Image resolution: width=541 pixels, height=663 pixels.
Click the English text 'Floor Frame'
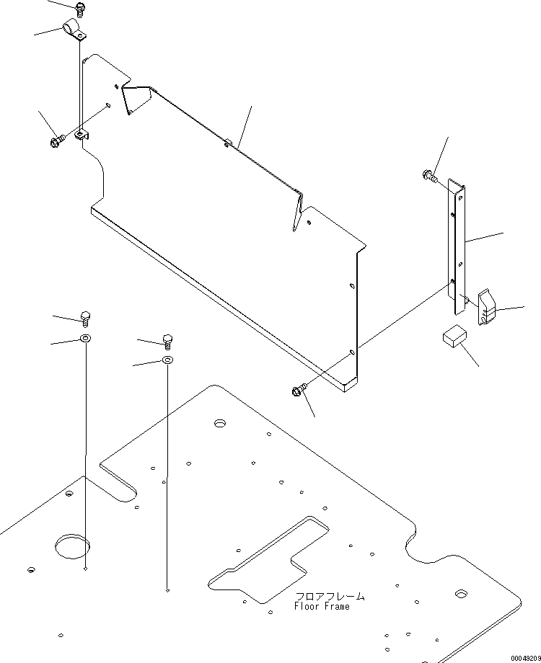pos(322,606)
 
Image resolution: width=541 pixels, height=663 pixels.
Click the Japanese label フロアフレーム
pos(330,596)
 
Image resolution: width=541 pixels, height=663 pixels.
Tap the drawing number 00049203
pos(525,659)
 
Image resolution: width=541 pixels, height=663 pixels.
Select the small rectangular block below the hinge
pos(454,336)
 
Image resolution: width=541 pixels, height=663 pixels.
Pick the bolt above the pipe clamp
pos(79,9)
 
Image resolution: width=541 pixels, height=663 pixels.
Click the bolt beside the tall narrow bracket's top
pos(429,175)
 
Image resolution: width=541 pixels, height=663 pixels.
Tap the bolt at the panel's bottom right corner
pos(299,390)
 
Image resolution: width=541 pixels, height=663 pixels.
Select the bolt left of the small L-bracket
pos(57,141)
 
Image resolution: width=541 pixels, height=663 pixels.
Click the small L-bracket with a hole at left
pos(82,135)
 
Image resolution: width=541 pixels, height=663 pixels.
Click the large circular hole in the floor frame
pos(72,546)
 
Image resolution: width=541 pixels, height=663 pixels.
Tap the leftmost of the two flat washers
pos(86,338)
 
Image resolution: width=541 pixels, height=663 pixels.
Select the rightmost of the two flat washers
pos(167,360)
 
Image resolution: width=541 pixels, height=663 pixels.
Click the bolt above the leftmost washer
pos(86,319)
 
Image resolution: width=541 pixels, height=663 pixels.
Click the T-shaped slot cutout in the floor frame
pos(268,559)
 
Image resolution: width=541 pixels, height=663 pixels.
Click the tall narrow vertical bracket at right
pos(457,246)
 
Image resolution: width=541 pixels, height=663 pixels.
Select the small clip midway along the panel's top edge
pos(228,143)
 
